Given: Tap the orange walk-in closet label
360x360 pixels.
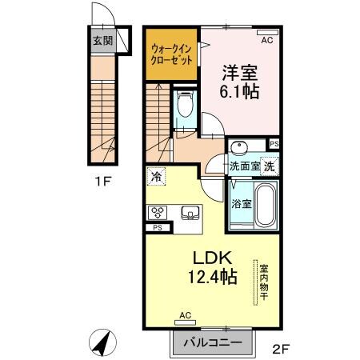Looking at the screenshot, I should pos(171,54).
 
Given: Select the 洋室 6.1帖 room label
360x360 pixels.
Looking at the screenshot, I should pos(240,81).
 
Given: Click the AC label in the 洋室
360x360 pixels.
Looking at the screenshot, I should pos(266,38).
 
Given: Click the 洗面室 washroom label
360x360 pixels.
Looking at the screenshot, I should pos(245,167).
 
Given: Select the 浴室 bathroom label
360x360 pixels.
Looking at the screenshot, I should pos(242,203).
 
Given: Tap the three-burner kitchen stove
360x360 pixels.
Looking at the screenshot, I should pos(156,213).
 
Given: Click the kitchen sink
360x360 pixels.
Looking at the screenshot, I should pos(190,213).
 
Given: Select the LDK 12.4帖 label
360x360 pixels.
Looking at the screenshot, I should pos(212,268).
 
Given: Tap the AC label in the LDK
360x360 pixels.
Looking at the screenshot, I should pos(186,315).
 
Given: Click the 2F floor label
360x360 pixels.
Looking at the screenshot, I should pos(280,348).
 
